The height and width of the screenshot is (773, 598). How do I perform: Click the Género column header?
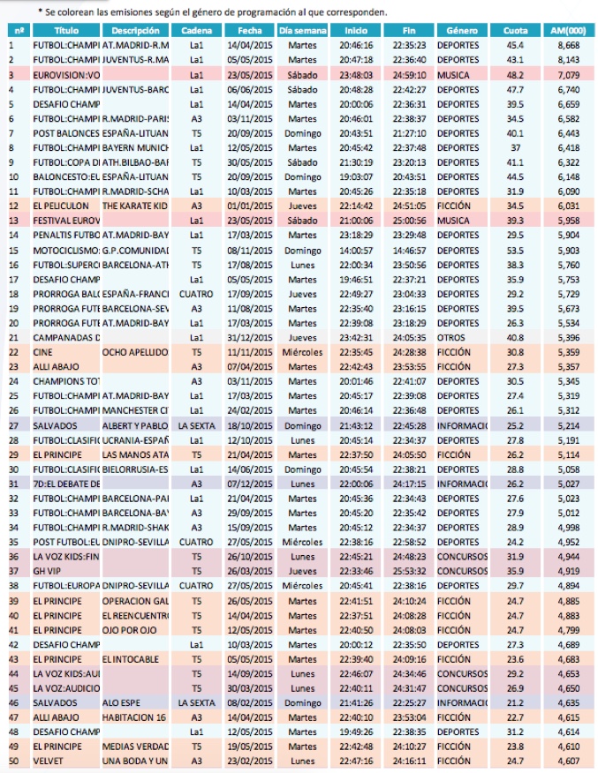click(463, 30)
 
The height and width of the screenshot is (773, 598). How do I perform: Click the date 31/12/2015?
click(244, 337)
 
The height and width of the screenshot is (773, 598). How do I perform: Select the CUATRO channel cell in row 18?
click(195, 293)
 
